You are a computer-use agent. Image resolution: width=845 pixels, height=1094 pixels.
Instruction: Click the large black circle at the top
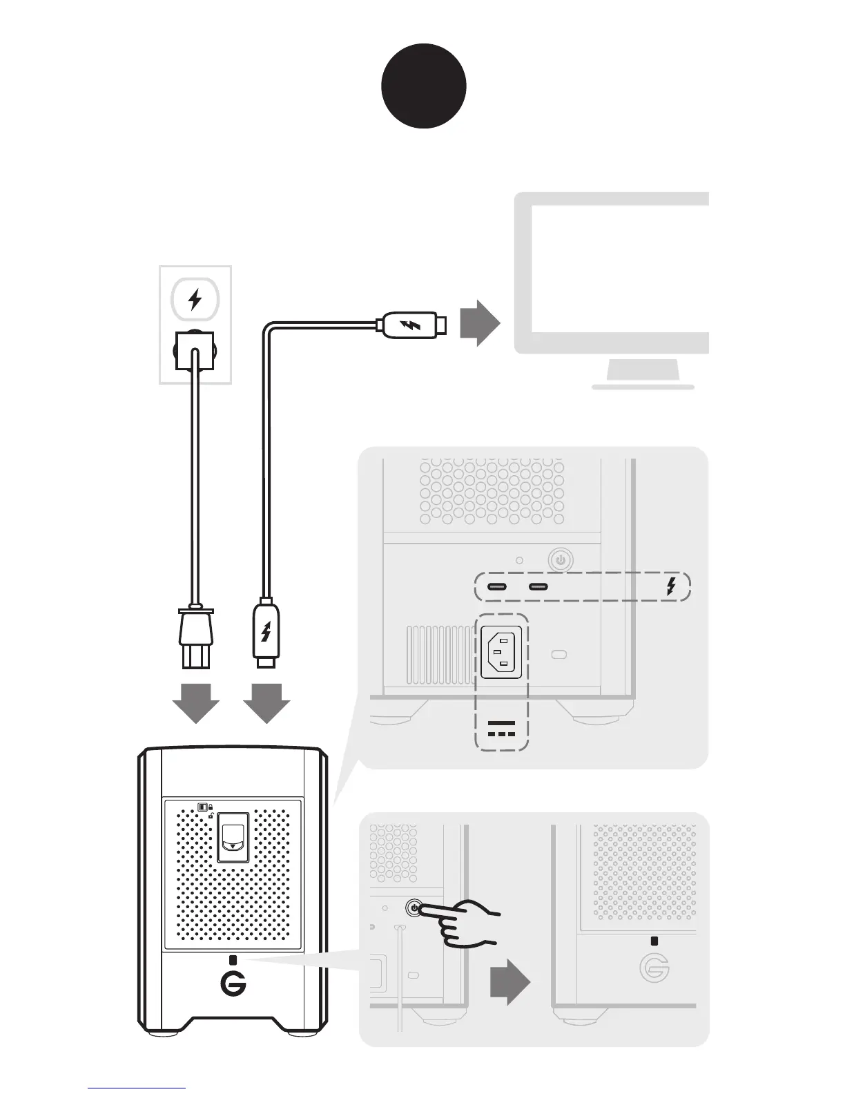pyautogui.click(x=424, y=86)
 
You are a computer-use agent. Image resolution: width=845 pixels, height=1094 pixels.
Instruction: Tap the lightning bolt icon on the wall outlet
pyautogui.click(x=195, y=300)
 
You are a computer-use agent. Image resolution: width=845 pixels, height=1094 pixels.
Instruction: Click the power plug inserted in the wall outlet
pyautogui.click(x=195, y=349)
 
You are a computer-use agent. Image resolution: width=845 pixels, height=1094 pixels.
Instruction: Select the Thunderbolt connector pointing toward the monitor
pyautogui.click(x=413, y=325)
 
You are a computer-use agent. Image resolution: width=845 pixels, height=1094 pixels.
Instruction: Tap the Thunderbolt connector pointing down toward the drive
pyautogui.click(x=266, y=632)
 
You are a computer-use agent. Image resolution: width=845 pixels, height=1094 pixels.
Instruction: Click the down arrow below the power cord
pyautogui.click(x=196, y=703)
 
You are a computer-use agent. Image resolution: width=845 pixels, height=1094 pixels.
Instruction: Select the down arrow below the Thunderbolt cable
pyautogui.click(x=266, y=703)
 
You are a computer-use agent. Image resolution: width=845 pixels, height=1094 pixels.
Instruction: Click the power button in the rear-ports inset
pyautogui.click(x=561, y=560)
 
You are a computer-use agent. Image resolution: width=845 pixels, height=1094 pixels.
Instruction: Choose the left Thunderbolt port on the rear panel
pyautogui.click(x=497, y=587)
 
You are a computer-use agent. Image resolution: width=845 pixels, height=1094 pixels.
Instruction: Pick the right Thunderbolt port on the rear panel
pyautogui.click(x=538, y=587)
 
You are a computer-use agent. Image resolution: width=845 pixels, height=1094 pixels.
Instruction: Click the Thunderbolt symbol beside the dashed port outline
pyautogui.click(x=670, y=586)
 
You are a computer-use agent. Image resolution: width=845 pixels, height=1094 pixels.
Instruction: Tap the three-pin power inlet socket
pyautogui.click(x=501, y=652)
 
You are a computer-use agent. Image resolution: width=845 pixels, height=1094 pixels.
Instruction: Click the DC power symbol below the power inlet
pyautogui.click(x=501, y=728)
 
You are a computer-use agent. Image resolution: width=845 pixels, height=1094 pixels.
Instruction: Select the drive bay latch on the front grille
pyautogui.click(x=233, y=838)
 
